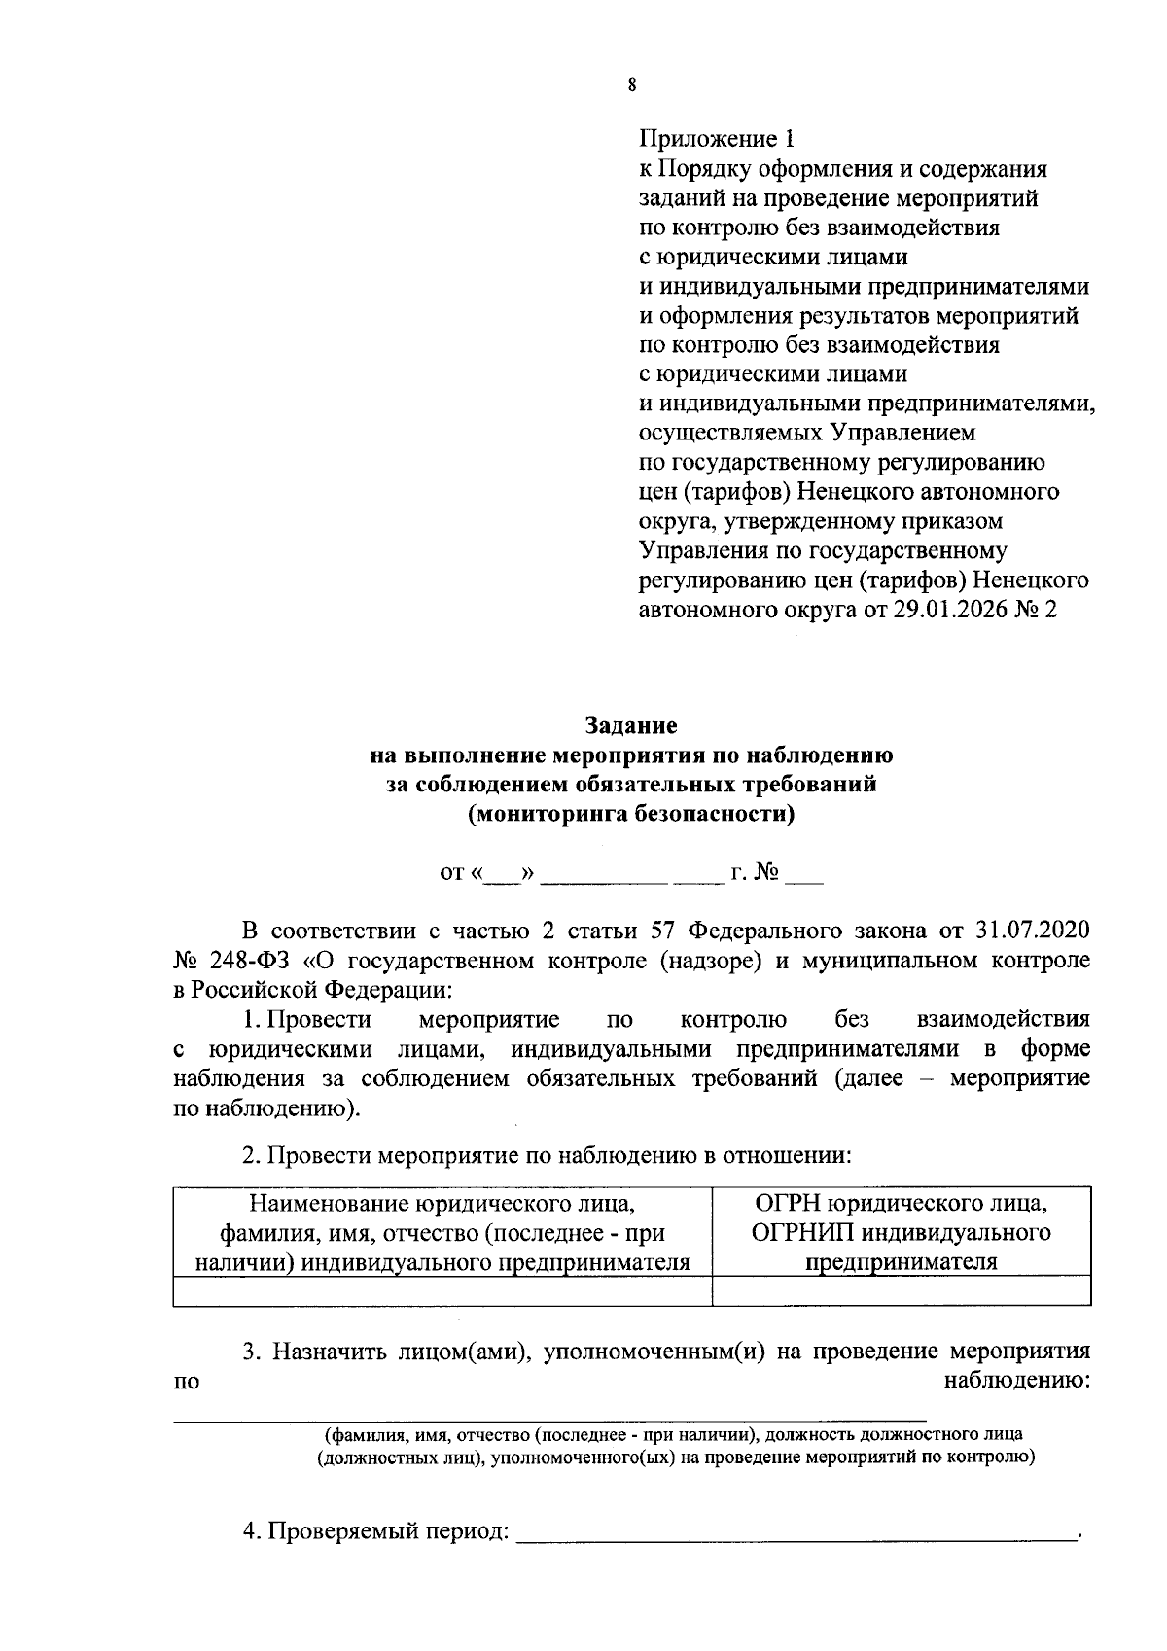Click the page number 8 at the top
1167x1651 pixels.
click(632, 85)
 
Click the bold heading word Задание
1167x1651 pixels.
click(631, 725)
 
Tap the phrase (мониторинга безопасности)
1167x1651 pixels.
click(631, 814)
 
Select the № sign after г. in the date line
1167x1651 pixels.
click(768, 872)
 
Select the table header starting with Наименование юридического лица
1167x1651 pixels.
click(442, 1232)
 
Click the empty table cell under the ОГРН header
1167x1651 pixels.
click(902, 1289)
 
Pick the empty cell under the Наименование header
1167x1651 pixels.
click(442, 1289)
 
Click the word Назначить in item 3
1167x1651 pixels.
click(324, 1352)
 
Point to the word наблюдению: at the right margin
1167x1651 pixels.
click(1017, 1381)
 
